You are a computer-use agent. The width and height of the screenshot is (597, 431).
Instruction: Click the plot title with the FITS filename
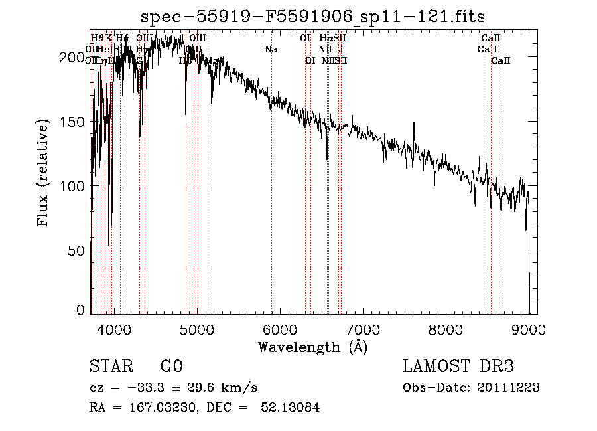click(313, 17)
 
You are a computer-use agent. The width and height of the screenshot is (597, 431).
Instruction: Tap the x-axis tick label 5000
click(197, 329)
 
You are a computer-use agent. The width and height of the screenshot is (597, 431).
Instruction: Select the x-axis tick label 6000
click(280, 329)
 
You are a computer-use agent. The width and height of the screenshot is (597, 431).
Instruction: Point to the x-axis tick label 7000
click(363, 329)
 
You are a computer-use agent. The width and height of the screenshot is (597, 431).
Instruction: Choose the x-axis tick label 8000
click(446, 329)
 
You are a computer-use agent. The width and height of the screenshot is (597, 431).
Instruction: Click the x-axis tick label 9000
click(528, 329)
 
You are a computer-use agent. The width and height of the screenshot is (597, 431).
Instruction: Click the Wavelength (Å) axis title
click(312, 347)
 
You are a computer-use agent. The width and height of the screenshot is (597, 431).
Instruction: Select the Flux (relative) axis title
click(44, 175)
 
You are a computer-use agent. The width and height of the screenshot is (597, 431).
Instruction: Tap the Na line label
click(271, 49)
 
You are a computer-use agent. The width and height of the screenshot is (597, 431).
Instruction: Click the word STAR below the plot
click(111, 367)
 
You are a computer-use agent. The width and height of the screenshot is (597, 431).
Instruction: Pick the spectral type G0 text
click(171, 367)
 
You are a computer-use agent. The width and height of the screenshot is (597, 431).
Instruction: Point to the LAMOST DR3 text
click(458, 367)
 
